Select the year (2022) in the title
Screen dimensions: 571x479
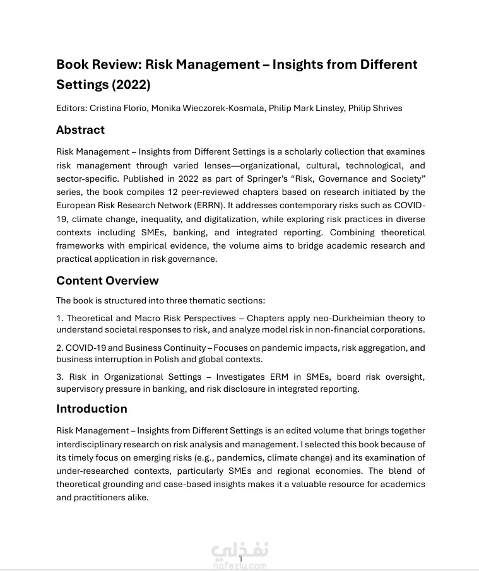(131, 85)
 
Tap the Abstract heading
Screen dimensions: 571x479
(80, 130)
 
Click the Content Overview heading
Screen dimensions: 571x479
(107, 281)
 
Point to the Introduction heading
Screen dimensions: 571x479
(92, 409)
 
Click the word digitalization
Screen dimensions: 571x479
(239, 219)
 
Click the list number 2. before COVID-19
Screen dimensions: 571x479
(60, 348)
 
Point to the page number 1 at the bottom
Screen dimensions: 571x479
(240, 559)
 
